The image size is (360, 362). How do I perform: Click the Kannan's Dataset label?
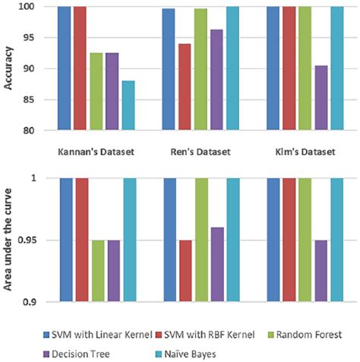pos(96,151)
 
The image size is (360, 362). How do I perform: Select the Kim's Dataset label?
pos(305,151)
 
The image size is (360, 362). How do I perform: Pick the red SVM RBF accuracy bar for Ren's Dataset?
pos(185,87)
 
